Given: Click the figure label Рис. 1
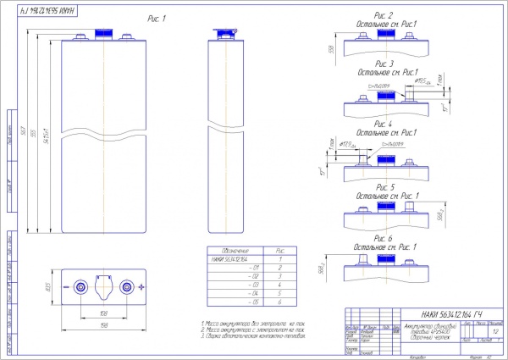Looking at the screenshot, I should coord(154,17).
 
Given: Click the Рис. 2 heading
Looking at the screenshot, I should coord(385,15).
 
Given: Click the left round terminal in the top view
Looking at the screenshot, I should coord(80,286).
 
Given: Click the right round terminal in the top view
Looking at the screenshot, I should coord(127,286).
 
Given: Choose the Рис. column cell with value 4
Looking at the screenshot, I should coord(280,284).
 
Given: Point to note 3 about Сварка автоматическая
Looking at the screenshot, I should coord(254,335).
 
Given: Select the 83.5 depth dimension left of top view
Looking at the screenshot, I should coord(47,286).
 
